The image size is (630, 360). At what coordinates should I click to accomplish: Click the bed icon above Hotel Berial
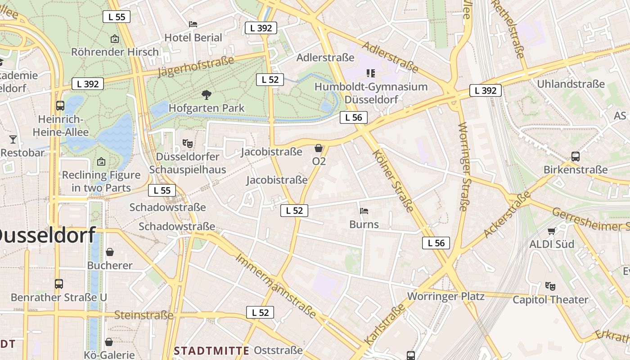click(x=193, y=24)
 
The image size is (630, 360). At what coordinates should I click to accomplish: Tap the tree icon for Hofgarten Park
click(x=207, y=94)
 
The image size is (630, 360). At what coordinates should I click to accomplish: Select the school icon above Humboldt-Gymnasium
click(x=371, y=73)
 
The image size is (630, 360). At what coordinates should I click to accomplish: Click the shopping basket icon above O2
click(x=319, y=148)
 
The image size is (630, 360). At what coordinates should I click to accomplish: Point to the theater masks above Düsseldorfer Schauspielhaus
click(x=188, y=144)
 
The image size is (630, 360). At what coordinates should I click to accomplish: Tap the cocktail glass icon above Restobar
click(x=13, y=139)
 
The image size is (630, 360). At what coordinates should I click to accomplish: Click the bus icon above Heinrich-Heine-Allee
click(x=60, y=106)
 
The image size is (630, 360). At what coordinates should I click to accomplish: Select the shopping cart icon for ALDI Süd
click(x=551, y=231)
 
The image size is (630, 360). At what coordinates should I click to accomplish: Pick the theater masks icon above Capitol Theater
click(x=550, y=286)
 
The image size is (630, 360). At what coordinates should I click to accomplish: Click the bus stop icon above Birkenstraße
click(x=575, y=157)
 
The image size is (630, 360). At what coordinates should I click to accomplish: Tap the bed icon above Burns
click(x=364, y=211)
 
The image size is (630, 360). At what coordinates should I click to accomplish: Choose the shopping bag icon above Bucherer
click(x=110, y=252)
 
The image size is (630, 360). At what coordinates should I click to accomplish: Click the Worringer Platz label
click(x=445, y=296)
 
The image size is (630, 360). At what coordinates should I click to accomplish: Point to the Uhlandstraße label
click(x=571, y=84)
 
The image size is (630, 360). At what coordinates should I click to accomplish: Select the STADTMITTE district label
click(x=211, y=351)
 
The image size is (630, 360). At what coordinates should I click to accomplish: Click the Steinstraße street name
click(x=144, y=315)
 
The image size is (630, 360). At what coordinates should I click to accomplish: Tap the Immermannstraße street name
click(x=275, y=285)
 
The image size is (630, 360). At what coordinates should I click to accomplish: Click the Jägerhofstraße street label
click(x=196, y=67)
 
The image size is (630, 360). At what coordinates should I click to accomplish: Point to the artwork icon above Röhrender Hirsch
click(x=115, y=39)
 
